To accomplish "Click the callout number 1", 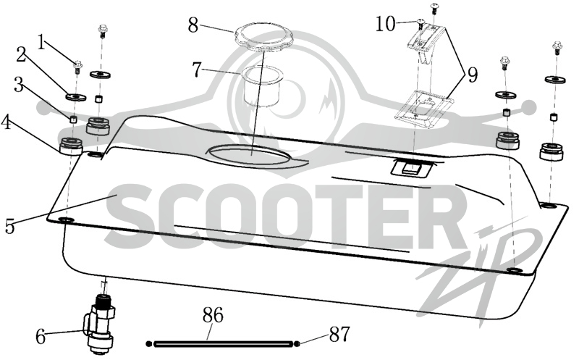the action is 43,43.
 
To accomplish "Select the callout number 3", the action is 18,85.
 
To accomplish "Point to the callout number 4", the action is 6,122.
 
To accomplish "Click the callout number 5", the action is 9,227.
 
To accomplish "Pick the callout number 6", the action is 41,337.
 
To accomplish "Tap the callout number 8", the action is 193,25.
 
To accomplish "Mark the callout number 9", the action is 473,75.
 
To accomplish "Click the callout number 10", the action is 386,24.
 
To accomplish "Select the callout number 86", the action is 213,316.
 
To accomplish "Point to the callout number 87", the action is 339,335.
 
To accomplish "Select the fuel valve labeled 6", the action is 100,325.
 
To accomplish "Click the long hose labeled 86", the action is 224,344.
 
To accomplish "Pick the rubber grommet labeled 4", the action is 71,146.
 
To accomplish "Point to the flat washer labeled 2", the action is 76,97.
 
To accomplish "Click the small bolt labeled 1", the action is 77,67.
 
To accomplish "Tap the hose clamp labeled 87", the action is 297,344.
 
